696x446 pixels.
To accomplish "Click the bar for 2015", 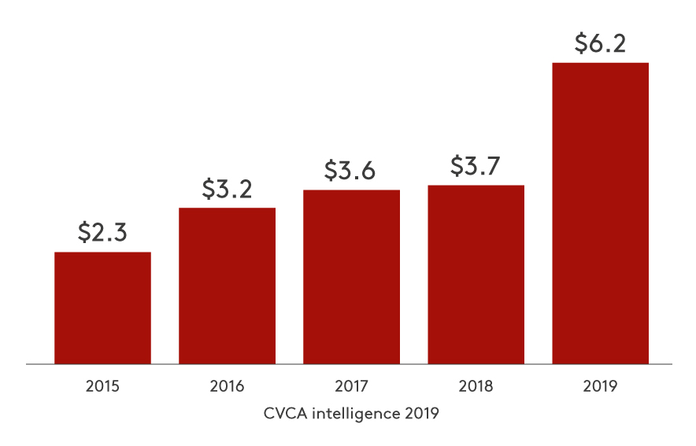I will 102,308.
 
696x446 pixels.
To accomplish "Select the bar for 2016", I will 227,286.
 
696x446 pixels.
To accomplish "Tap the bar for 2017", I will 351,277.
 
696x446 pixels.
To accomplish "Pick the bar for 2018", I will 476,275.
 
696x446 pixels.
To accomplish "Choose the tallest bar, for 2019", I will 600,213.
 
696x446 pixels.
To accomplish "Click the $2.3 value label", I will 102,232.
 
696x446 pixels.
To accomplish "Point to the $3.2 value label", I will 227,189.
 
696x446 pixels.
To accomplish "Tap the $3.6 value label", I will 351,171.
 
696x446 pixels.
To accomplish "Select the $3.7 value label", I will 476,166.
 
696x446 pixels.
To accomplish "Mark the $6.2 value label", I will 600,43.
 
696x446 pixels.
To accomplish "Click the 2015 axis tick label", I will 102,386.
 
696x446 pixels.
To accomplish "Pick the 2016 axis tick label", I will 227,386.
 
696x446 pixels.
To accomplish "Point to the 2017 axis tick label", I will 351,386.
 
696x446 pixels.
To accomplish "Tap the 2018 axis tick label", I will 476,386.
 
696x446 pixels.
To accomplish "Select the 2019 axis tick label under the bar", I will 600,386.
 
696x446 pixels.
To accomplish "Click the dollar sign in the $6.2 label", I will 579,43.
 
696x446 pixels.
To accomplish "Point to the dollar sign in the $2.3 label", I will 84,232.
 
